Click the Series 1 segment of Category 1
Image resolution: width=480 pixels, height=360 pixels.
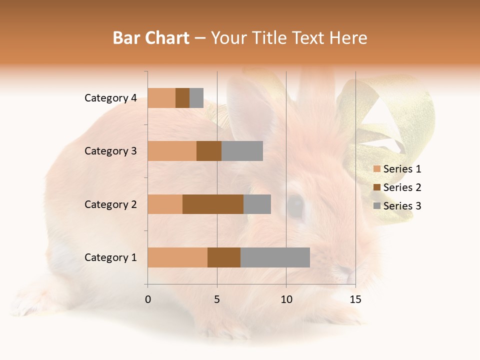coord(177,257)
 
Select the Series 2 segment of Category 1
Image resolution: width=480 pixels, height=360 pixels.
coord(224,257)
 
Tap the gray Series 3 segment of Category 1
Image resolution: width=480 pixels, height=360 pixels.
coord(275,257)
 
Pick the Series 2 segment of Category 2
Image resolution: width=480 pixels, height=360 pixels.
coord(213,204)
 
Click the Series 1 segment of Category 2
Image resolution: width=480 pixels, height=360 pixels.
coord(165,204)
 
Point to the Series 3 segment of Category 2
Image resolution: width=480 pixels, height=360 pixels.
coord(257,204)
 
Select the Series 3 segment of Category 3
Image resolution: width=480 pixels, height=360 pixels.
coord(242,151)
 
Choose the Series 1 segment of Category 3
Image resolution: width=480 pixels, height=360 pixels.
coord(172,151)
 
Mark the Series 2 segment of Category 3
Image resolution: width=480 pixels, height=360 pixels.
coord(209,151)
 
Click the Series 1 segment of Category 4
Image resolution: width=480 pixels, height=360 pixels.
coord(161,98)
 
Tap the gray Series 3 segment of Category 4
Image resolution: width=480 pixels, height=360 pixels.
coord(196,98)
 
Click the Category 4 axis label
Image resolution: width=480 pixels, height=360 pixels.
coord(110,98)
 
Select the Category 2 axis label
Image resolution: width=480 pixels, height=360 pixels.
coord(110,204)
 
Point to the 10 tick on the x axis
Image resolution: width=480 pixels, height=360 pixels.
coord(286,299)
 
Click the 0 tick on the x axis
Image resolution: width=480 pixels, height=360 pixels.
coord(148,299)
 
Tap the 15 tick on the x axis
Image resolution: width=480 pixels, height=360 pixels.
coord(355,299)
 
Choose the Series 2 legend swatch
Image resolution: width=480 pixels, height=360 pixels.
coord(376,187)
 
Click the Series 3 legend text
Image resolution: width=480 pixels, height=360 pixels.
coord(402,206)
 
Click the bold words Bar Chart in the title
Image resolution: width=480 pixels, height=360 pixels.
coord(150,38)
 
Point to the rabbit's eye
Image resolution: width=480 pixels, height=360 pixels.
coord(295,206)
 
